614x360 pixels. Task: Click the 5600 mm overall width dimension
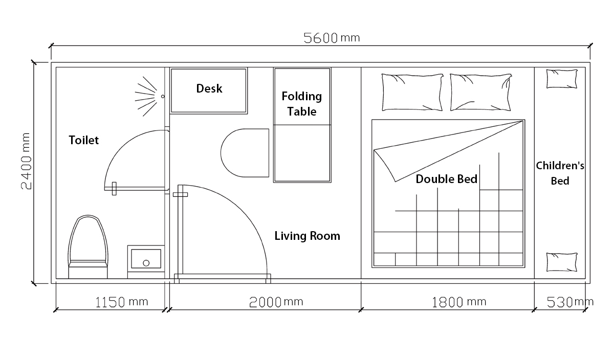tap(332, 38)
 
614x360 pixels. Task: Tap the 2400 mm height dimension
tap(26, 161)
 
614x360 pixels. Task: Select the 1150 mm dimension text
tap(122, 302)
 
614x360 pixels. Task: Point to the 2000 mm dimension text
tap(276, 302)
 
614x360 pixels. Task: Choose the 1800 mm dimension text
tap(459, 302)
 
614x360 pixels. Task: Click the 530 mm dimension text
tap(570, 302)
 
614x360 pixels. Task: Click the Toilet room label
tap(83, 140)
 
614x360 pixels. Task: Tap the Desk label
tap(209, 88)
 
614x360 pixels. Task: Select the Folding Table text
tap(302, 104)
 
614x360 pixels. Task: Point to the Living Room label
tap(308, 236)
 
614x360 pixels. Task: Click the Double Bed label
tap(447, 179)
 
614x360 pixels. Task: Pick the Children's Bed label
tap(560, 173)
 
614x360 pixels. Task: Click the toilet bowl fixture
tap(88, 246)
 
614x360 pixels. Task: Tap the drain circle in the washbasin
tap(146, 263)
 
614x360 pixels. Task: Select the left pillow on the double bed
tap(412, 93)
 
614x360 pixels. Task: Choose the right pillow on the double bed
tap(481, 93)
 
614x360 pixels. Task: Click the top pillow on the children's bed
tap(562, 79)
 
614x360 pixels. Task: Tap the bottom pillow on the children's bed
tap(562, 262)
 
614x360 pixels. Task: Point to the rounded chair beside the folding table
tap(245, 153)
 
